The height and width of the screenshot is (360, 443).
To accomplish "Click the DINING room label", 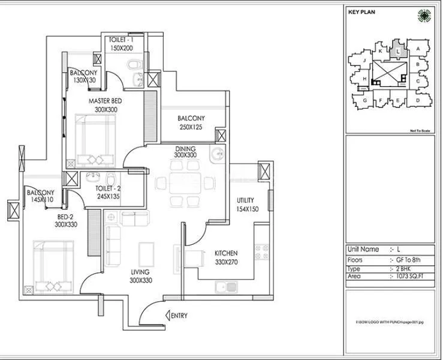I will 186,148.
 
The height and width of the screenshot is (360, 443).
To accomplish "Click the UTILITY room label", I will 245,200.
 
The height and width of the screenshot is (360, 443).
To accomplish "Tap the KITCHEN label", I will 226,254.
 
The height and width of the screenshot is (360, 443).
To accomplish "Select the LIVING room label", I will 143,272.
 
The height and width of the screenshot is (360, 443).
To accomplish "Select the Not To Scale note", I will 420,130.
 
